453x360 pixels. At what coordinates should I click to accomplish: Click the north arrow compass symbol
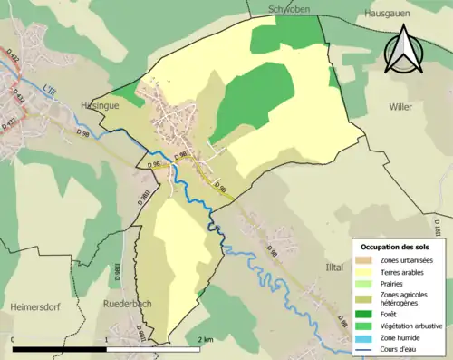[404, 51]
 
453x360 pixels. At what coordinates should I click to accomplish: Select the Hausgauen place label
[388, 15]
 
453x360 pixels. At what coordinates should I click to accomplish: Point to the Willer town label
[400, 105]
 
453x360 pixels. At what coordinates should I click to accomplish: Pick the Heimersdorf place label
[35, 307]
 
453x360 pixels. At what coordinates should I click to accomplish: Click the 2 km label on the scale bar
[205, 339]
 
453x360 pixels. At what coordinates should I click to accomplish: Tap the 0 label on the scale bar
[14, 339]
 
